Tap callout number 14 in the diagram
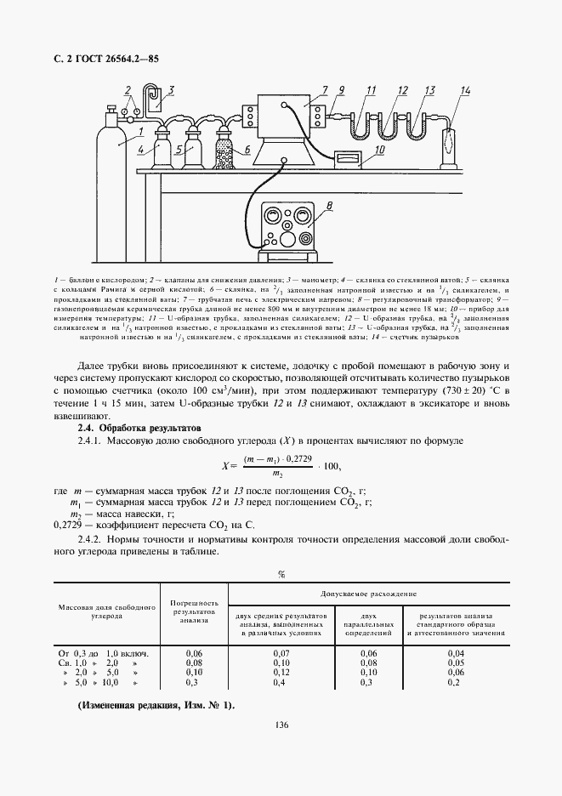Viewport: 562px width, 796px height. tap(464, 90)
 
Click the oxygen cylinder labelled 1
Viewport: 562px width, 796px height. tap(111, 157)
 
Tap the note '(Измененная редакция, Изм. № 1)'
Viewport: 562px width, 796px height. tap(156, 706)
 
